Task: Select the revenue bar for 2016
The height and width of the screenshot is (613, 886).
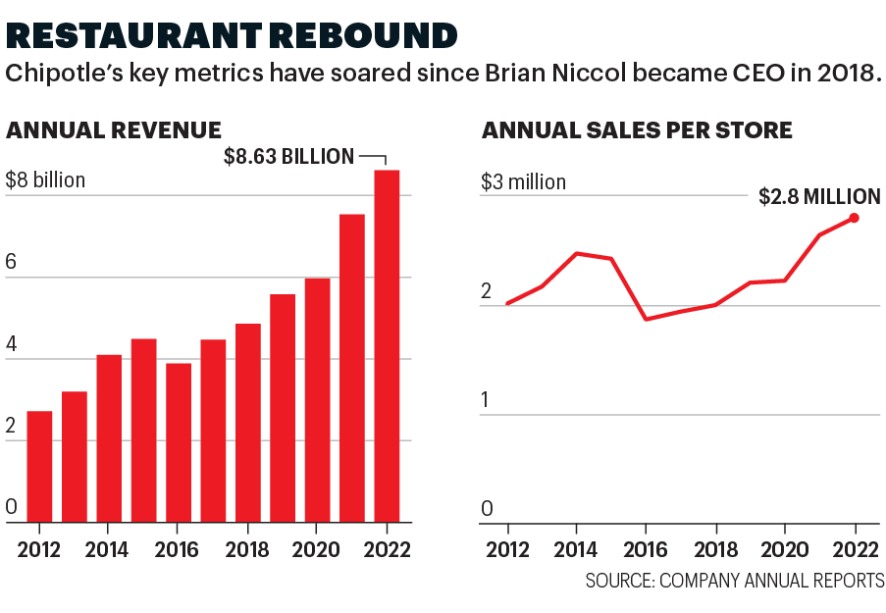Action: pos(179,441)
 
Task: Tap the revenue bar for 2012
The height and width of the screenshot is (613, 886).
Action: pos(39,466)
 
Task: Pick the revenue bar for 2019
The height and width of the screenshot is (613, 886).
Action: pos(283,407)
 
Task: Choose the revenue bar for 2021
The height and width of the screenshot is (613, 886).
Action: pos(352,368)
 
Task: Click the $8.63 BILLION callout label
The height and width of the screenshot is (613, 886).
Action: pos(288,156)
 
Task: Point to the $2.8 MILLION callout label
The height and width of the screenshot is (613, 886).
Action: pos(819,196)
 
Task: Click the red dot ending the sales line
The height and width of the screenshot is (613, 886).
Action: pos(855,218)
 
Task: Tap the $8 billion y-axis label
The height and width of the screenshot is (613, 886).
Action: pos(45,180)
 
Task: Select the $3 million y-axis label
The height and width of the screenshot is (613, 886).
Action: pos(523,182)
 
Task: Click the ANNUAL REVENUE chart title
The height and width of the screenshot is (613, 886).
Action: pos(113,129)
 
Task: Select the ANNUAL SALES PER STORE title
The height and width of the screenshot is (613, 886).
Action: pos(637,129)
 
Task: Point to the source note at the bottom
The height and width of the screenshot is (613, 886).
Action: pos(735,581)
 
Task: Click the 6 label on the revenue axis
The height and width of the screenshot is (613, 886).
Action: pos(12,263)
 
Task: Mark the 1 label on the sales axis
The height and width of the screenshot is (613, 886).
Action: pos(487,400)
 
